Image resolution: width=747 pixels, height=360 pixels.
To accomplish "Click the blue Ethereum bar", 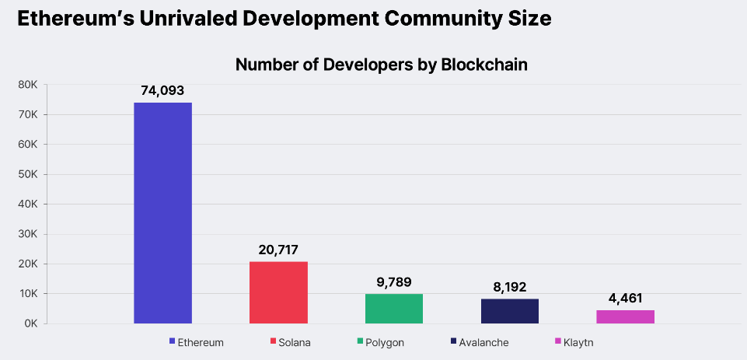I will [162, 212].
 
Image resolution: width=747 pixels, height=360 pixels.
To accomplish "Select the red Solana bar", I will [278, 292].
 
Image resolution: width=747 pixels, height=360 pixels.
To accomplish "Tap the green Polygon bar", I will [393, 309].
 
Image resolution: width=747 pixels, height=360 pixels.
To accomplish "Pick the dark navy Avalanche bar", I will [509, 311].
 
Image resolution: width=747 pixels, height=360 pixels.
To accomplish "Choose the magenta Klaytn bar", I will [625, 316].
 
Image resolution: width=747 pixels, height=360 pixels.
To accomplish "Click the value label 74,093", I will [162, 91].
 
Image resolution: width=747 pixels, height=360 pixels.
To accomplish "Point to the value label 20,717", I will [278, 250].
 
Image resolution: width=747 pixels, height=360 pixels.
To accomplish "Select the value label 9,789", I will [393, 282].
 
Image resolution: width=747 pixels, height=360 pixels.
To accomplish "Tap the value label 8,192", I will [509, 287].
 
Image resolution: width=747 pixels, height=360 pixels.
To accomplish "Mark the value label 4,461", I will [625, 299].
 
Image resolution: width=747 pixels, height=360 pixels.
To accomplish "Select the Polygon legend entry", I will [381, 342].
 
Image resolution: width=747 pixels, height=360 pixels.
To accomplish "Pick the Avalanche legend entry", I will [480, 342].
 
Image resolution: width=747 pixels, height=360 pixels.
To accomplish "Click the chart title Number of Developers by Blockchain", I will [381, 65].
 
